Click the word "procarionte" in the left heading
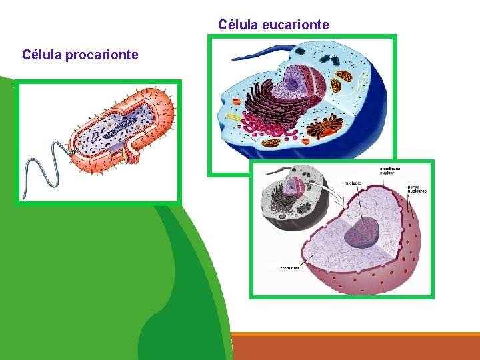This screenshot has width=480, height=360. pyautogui.click(x=101, y=55)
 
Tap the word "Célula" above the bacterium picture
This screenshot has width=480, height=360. pyautogui.click(x=41, y=55)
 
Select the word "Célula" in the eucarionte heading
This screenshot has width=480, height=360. pyautogui.click(x=238, y=25)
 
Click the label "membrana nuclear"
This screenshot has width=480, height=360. pyautogui.click(x=390, y=171)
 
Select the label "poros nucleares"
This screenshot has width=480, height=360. pyautogui.click(x=417, y=189)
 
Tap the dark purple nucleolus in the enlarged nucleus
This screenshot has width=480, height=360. pyautogui.click(x=363, y=231)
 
